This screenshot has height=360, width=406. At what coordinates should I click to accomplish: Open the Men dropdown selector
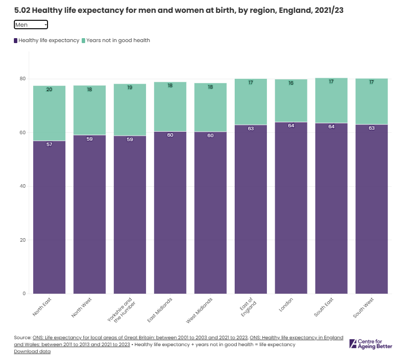pyautogui.click(x=31, y=24)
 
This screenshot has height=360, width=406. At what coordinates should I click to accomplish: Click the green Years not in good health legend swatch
pyautogui.click(x=84, y=40)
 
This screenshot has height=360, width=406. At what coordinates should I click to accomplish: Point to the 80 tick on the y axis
pyautogui.click(x=23, y=79)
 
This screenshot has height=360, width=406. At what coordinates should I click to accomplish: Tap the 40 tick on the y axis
pyautogui.click(x=23, y=186)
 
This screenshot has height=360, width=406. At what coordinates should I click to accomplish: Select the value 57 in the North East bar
pyautogui.click(x=49, y=144)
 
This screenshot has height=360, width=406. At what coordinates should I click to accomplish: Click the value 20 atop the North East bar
pyautogui.click(x=49, y=90)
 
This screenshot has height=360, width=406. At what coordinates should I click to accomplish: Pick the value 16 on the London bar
pyautogui.click(x=291, y=83)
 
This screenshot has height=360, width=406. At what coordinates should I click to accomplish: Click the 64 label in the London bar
pyautogui.click(x=291, y=125)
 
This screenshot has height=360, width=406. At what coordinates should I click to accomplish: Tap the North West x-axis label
pyautogui.click(x=82, y=308)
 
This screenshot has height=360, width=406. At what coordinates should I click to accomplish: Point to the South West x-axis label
pyautogui.click(x=364, y=308)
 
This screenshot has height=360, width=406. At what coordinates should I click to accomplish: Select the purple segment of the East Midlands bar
pyautogui.click(x=170, y=213)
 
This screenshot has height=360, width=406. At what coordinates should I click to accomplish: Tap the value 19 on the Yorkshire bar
pyautogui.click(x=130, y=87)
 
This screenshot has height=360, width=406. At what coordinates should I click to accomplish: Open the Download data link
pyautogui.click(x=32, y=352)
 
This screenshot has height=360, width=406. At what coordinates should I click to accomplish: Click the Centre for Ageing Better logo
pyautogui.click(x=371, y=344)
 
